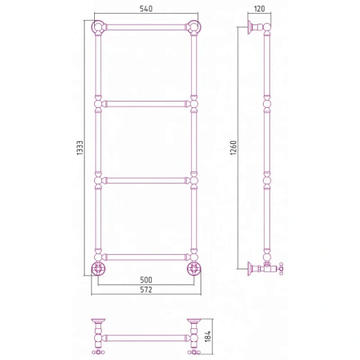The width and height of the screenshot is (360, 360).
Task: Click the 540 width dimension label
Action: (x=146, y=9)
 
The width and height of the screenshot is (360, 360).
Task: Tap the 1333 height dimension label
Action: (x=80, y=147)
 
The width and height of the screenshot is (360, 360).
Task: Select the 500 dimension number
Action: (x=146, y=280)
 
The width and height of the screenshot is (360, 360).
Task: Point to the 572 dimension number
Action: (x=146, y=289)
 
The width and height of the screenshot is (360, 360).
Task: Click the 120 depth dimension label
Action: (x=260, y=9)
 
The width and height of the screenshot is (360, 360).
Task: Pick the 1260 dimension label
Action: (x=233, y=147)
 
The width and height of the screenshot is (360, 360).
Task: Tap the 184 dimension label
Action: (x=208, y=336)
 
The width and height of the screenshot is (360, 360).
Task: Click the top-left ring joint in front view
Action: (x=98, y=27)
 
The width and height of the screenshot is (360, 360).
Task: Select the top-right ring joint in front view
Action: (x=194, y=27)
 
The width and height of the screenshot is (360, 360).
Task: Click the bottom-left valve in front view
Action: (x=98, y=269)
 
